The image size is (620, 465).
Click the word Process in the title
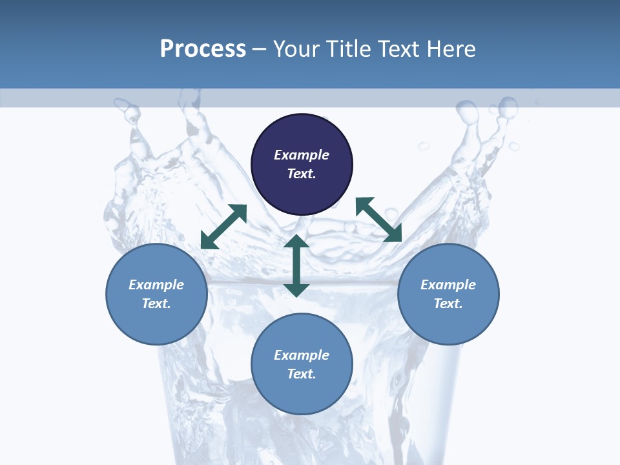click(203, 49)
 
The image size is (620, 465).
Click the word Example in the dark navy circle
click(302, 155)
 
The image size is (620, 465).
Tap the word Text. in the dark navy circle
click(302, 174)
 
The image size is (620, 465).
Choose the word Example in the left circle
click(156, 285)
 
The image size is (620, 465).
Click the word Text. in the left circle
click(156, 304)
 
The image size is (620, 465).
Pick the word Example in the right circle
click(448, 285)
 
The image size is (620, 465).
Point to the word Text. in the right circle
click(448, 304)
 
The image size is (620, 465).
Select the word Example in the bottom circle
click(302, 355)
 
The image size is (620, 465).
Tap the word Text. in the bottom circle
click(302, 374)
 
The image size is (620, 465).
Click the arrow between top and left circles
click(223, 227)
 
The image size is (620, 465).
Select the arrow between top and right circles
click(379, 220)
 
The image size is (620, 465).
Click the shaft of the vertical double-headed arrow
click(296, 265)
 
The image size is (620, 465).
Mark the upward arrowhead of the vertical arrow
click(296, 243)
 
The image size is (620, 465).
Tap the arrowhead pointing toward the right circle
click(393, 234)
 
